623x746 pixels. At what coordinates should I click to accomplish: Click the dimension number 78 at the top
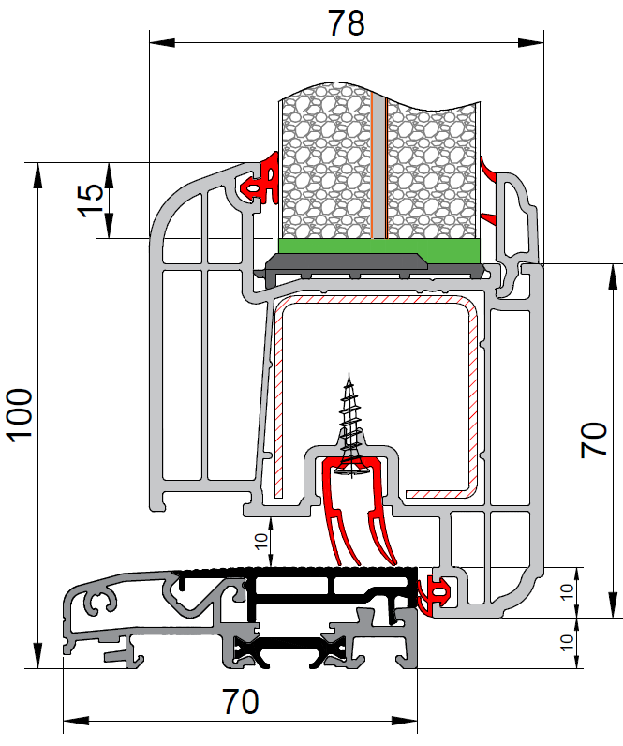click(347, 22)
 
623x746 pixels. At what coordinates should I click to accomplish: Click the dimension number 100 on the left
click(20, 415)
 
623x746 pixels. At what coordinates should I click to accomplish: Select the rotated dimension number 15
click(90, 201)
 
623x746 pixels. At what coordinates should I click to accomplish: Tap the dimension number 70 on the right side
click(594, 440)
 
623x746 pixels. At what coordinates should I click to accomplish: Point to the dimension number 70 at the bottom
click(241, 702)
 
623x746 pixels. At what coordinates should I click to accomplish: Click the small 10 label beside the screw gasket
click(260, 542)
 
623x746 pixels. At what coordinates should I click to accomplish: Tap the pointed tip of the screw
click(349, 373)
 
